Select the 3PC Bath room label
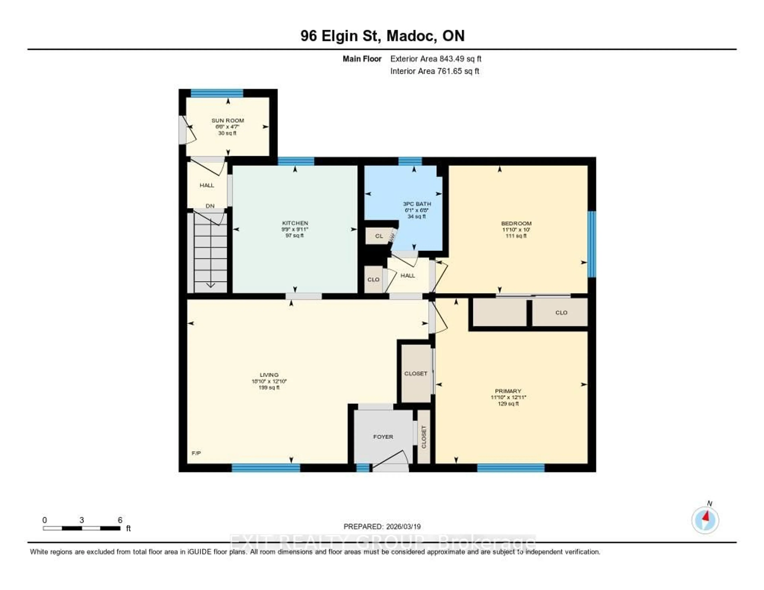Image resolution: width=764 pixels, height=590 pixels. coord(417,204)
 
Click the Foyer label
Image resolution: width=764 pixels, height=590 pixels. coord(383,437)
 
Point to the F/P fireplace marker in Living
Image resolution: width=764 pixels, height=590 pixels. coord(196,453)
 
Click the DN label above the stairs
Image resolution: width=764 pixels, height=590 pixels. coord(210,206)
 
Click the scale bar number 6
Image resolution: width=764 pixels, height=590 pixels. coord(120,520)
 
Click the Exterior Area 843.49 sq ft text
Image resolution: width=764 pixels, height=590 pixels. coord(436,59)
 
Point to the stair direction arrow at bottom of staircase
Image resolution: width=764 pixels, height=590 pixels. coord(210,284)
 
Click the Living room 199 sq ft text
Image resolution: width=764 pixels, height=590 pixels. coord(269,387)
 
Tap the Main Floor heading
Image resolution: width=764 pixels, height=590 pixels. coord(362,59)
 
